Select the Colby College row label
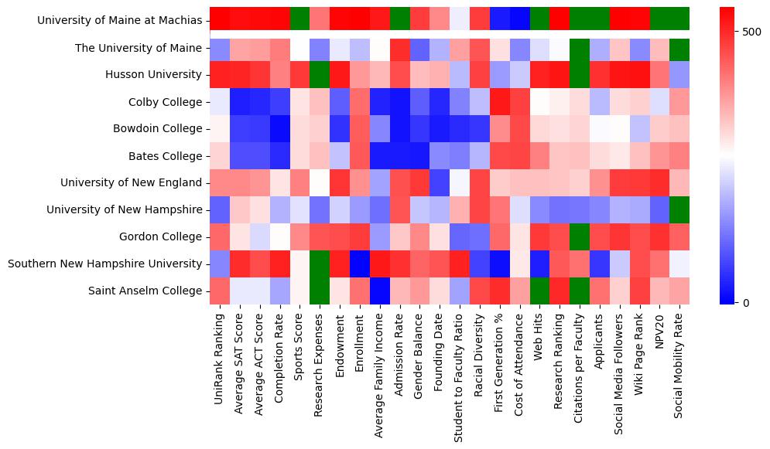pyautogui.click(x=165, y=102)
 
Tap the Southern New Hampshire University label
pyautogui.click(x=104, y=264)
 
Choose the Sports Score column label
pyautogui.click(x=299, y=348)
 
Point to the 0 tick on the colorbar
pyautogui.click(x=745, y=302)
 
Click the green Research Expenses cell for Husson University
pyautogui.click(x=319, y=75)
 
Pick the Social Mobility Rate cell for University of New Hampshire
pyautogui.click(x=679, y=210)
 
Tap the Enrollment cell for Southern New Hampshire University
pyautogui.click(x=359, y=264)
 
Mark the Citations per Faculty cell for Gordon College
pyautogui.click(x=580, y=237)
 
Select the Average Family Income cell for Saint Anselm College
pyautogui.click(x=379, y=291)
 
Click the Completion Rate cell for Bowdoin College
pyautogui.click(x=279, y=129)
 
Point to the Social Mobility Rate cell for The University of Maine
pyautogui.click(x=679, y=48)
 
